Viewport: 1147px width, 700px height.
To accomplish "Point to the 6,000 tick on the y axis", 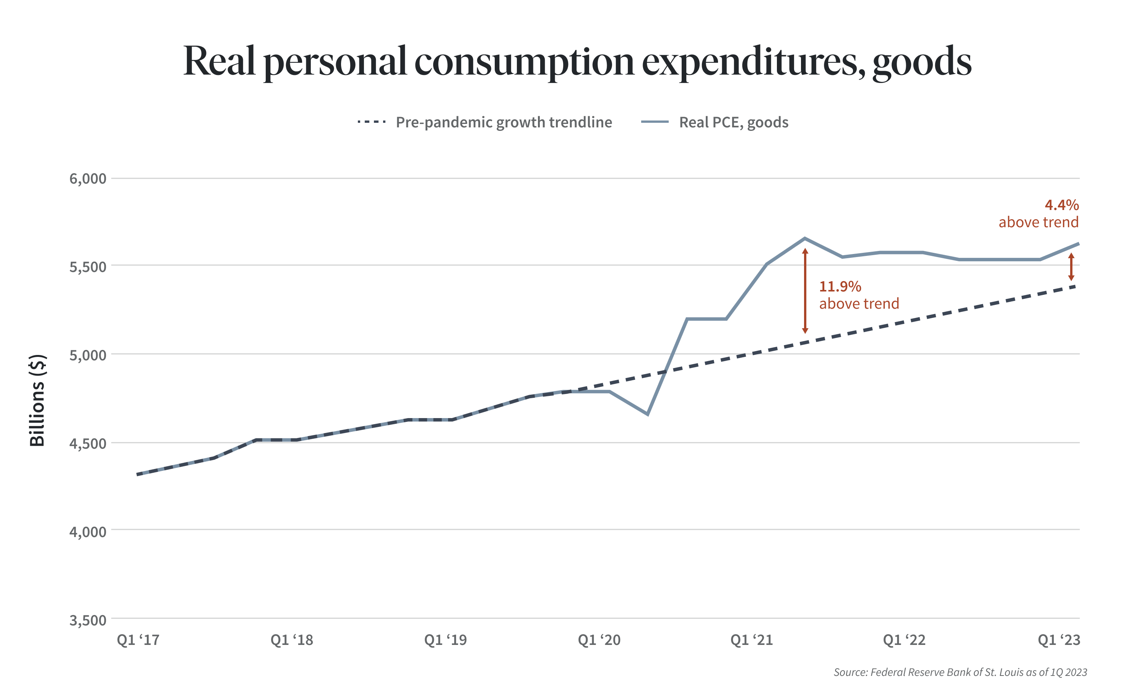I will [88, 178].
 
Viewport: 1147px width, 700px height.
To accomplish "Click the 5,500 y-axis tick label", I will [88, 267].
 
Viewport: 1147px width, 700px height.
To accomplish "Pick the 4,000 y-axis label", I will [88, 531].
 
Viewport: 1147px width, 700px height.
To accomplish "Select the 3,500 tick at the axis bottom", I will [88, 620].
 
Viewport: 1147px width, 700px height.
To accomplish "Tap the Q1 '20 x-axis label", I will [599, 640].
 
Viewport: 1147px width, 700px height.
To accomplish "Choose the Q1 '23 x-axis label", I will [1059, 640].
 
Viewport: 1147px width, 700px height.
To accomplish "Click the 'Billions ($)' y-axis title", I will [37, 400].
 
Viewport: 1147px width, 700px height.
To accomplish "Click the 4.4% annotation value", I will [1061, 205].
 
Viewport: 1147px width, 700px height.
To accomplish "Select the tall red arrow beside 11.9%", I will [805, 291].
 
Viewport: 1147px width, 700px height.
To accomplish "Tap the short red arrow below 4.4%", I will [1071, 267].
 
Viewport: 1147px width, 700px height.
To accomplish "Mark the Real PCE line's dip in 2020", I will [648, 414].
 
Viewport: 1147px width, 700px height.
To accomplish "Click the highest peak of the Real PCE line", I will [805, 238].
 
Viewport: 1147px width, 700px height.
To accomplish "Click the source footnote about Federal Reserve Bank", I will [960, 672].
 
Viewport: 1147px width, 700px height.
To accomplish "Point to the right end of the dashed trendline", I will [1074, 287].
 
